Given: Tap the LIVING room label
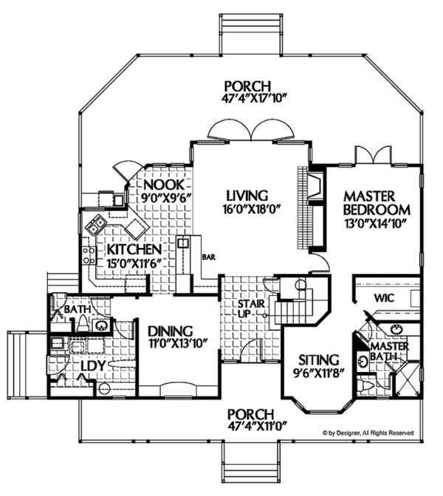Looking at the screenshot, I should pos(246,196).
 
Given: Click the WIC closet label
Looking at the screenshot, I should pos(385,299).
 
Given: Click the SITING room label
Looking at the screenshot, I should pos(319,359).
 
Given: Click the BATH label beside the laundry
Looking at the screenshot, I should pos(77,310).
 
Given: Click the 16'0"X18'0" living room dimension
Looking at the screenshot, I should pos(247,210).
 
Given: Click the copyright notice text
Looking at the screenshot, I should pos(368,433).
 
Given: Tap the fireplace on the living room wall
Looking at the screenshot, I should pos(312,187).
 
